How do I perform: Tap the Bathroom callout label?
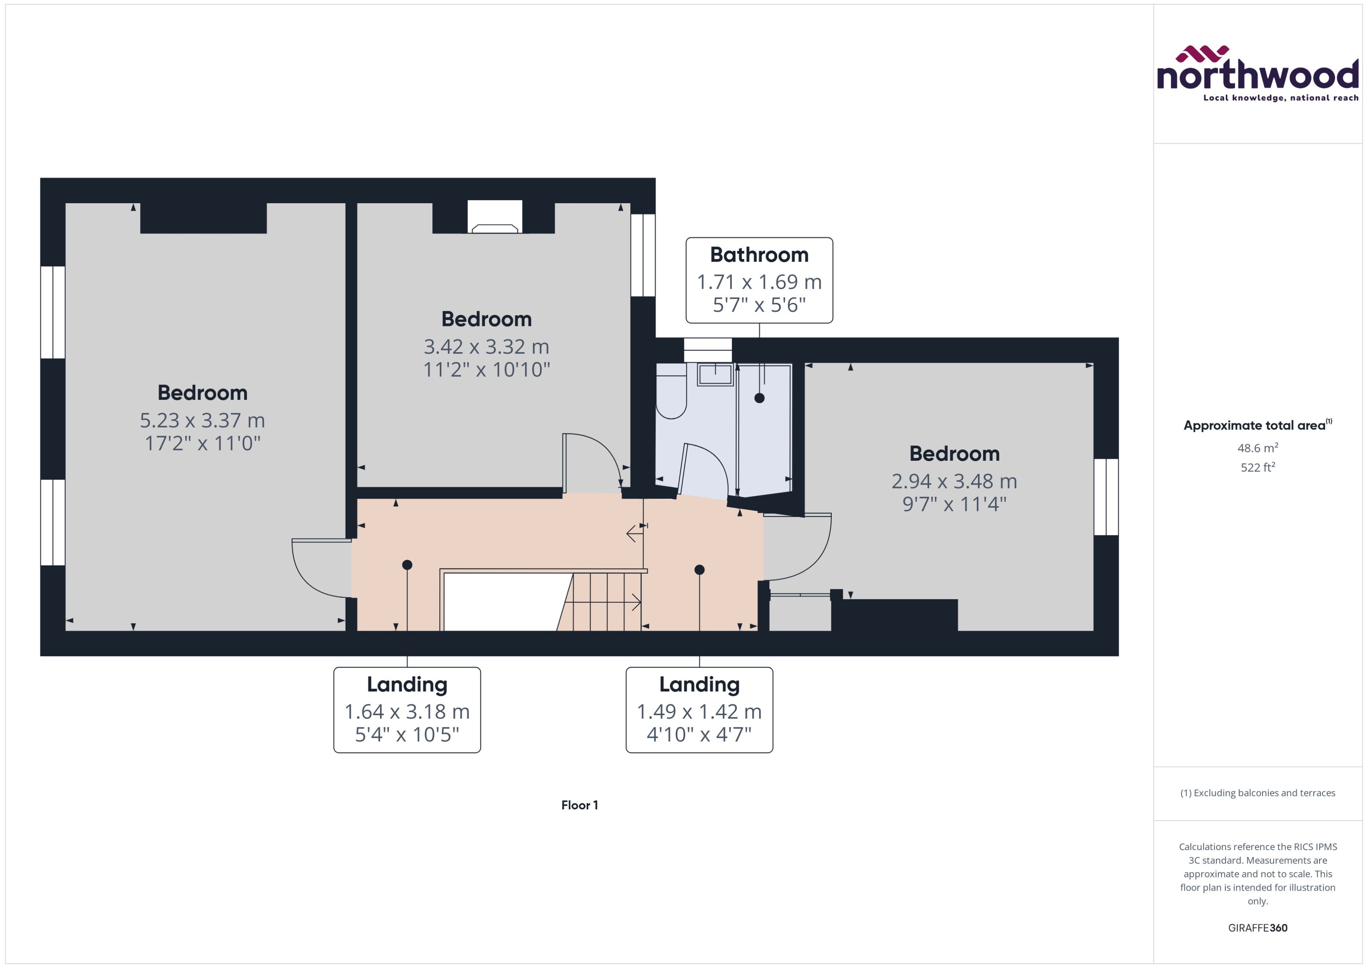coord(759,280)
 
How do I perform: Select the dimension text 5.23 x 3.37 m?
coord(202,420)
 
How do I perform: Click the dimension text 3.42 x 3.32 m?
coord(486,346)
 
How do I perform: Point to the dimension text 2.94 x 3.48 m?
coord(954,481)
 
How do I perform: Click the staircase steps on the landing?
coord(602,602)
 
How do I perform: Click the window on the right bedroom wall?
coord(1106,497)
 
